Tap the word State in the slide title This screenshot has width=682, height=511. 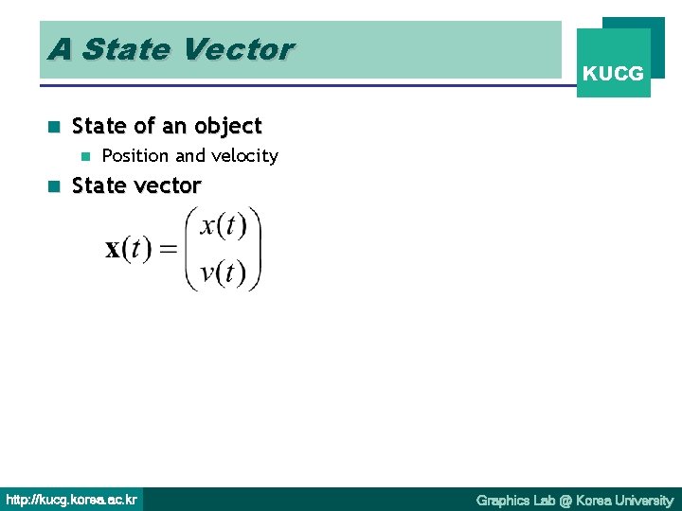coord(120,48)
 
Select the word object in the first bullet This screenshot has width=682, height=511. coord(227,126)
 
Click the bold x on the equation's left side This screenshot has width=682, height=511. coord(114,250)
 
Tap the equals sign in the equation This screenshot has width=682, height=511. coord(168,251)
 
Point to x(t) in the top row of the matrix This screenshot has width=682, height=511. coord(224,227)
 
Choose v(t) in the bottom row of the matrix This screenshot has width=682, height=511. coord(224,273)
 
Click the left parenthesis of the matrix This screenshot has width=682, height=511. coord(192,250)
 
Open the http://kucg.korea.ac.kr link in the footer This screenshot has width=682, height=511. coord(72,500)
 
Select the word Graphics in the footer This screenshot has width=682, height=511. coord(503,500)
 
